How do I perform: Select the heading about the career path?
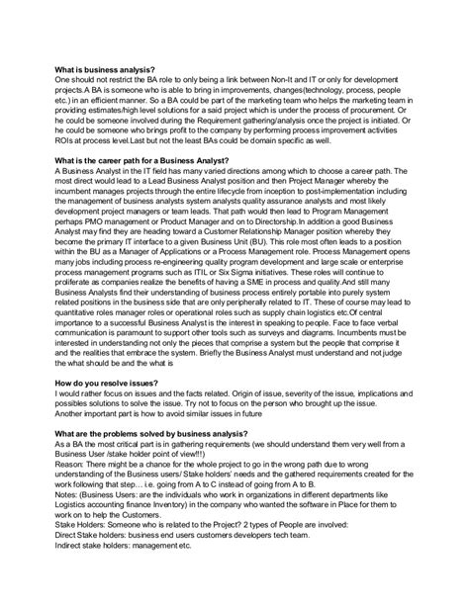[142, 161]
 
